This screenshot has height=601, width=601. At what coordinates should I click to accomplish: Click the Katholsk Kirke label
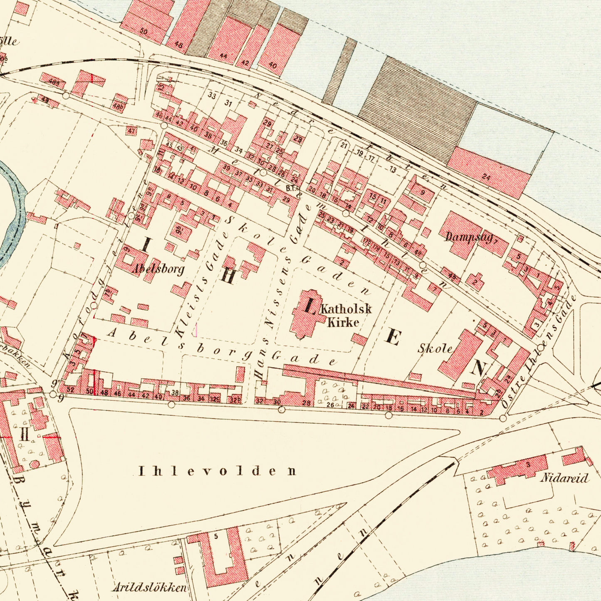345,315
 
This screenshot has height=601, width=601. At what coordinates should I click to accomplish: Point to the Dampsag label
468,237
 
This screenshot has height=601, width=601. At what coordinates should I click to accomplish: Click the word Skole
435,348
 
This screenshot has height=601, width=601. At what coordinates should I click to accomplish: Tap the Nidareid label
564,478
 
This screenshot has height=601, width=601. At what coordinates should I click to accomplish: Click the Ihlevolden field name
218,471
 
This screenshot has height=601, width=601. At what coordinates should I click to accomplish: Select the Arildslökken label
149,588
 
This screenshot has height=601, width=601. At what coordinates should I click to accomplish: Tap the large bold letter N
480,367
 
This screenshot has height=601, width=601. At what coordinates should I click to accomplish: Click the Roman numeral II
25,436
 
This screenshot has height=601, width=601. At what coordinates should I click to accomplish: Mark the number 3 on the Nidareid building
528,465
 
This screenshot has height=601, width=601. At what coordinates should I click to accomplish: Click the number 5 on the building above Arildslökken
215,536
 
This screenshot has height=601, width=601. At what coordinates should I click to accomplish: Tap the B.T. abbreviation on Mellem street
290,189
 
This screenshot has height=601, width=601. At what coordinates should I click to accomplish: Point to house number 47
131,131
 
